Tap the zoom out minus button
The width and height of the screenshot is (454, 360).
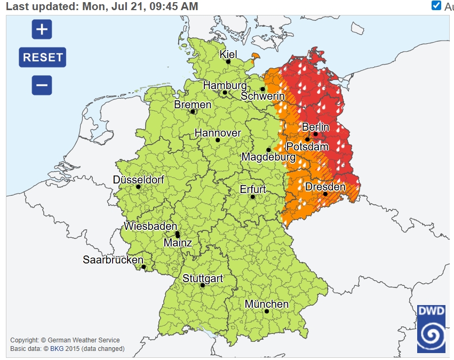pos(42,85)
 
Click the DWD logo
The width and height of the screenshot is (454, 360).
pos(431,329)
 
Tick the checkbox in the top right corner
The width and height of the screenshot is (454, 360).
pos(436,6)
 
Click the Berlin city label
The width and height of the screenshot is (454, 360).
pos(315,127)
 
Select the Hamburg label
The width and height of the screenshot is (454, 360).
pos(225,85)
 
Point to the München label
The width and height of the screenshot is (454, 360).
pos(266,304)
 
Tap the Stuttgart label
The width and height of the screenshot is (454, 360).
pos(203,278)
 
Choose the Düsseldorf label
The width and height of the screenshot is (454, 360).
pos(138,180)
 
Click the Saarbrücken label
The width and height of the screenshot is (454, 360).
pos(113,260)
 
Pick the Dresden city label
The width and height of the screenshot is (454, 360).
pos(325,187)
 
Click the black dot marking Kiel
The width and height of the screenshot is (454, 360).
pos(228,62)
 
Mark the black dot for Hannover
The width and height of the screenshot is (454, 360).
pos(218,140)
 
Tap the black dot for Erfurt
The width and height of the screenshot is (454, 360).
pos(253,197)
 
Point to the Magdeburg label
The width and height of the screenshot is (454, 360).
pos(268,157)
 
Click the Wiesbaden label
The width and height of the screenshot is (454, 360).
pos(150,226)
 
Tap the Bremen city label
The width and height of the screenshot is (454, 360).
pos(193,105)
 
